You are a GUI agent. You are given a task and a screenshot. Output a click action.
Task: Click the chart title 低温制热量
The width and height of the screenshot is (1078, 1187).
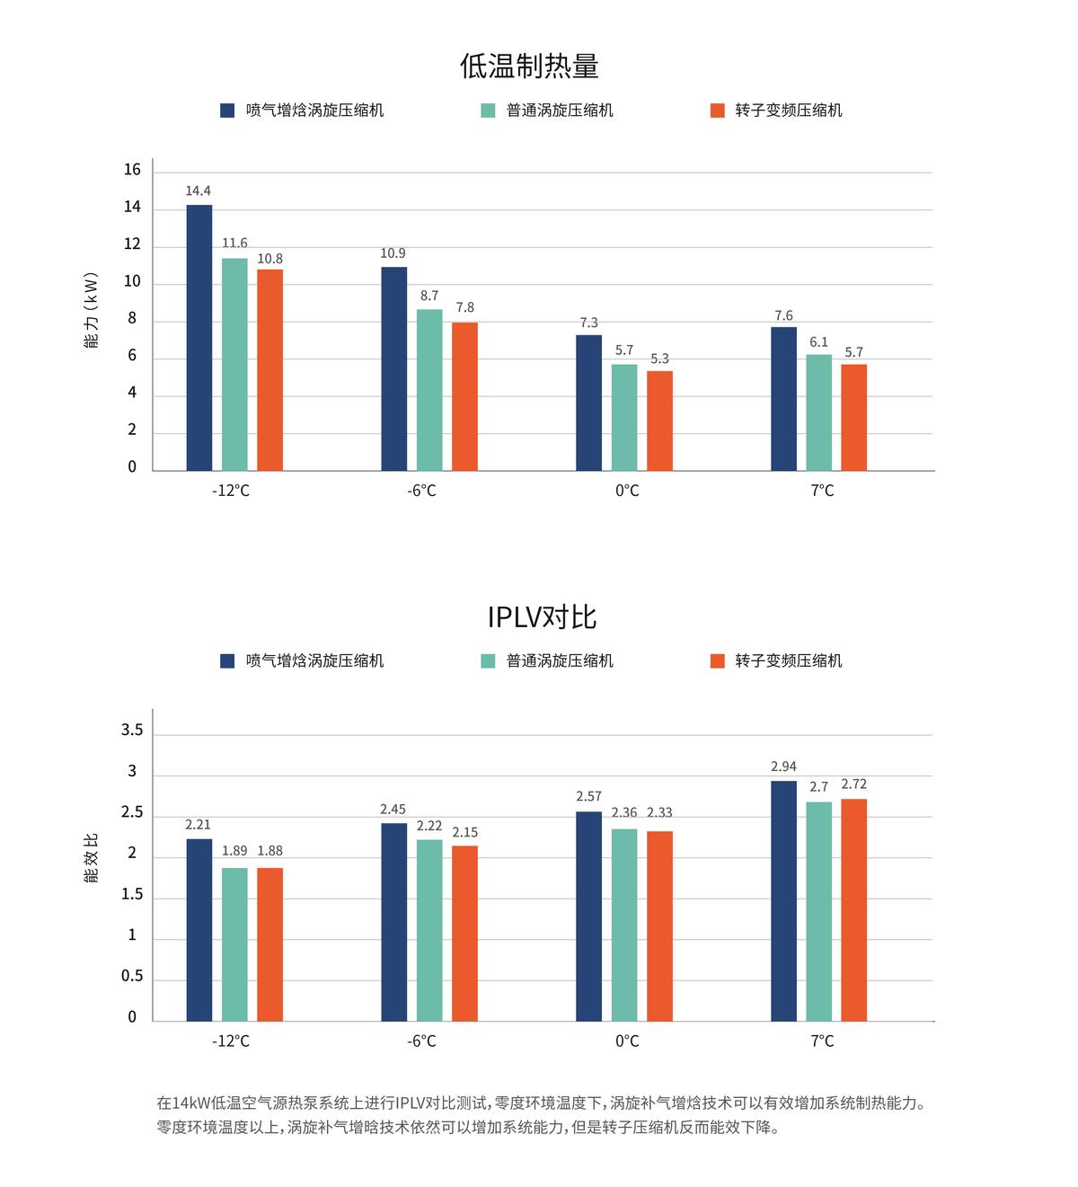(529, 66)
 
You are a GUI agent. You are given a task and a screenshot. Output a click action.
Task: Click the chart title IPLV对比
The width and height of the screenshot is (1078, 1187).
(542, 616)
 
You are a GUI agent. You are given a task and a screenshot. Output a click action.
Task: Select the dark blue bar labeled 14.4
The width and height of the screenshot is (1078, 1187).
(199, 338)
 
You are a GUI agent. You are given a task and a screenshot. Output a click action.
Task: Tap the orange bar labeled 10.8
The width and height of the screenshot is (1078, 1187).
(269, 370)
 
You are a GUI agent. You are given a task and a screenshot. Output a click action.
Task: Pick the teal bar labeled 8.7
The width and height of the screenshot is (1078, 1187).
(429, 390)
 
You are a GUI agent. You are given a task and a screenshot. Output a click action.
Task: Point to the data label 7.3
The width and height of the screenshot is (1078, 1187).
(588, 323)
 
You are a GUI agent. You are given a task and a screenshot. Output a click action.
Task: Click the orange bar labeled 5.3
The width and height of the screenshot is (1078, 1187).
(659, 421)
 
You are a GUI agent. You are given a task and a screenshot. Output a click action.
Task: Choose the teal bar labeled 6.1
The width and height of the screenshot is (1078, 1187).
(818, 413)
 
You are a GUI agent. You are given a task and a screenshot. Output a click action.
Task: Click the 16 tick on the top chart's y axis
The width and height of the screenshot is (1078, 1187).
(132, 170)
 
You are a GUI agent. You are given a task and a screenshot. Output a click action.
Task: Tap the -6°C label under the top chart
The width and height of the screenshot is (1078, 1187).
(421, 491)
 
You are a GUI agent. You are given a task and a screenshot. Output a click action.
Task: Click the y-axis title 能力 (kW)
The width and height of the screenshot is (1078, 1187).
(91, 310)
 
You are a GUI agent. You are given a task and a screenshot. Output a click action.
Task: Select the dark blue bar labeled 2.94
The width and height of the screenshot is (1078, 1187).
(783, 900)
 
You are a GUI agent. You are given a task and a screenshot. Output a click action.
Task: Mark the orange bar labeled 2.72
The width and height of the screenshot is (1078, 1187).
(853, 909)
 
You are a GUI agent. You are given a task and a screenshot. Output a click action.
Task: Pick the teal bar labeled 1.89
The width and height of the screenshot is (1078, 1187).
(234, 943)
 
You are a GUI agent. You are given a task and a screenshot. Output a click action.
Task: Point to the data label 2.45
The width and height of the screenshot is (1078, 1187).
(393, 809)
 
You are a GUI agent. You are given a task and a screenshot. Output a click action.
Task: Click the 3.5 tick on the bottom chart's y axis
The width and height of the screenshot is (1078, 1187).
(132, 730)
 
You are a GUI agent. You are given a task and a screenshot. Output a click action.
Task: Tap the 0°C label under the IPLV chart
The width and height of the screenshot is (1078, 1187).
(627, 1041)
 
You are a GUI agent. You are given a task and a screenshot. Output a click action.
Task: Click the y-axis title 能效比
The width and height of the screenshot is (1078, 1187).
(91, 857)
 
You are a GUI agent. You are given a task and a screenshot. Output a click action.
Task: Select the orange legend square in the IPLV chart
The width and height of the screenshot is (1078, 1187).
(717, 661)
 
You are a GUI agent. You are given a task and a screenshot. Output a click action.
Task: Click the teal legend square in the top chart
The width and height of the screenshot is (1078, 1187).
(488, 111)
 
